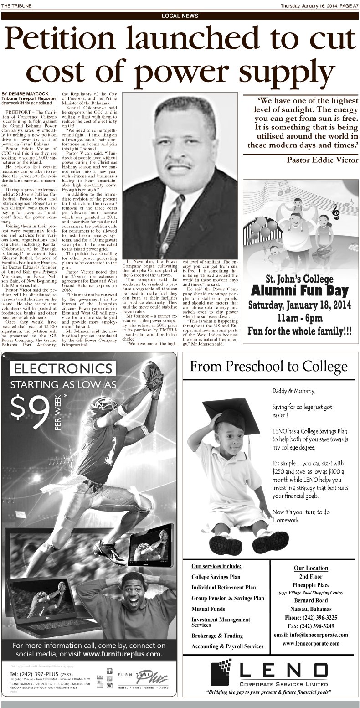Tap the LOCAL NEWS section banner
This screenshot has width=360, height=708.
point(180,16)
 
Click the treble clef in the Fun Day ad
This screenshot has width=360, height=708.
point(336,211)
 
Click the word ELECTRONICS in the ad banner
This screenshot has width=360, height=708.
point(63,368)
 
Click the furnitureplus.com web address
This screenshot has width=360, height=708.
point(122,654)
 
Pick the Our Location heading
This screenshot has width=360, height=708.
point(311,568)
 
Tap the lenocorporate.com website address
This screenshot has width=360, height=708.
point(311,643)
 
